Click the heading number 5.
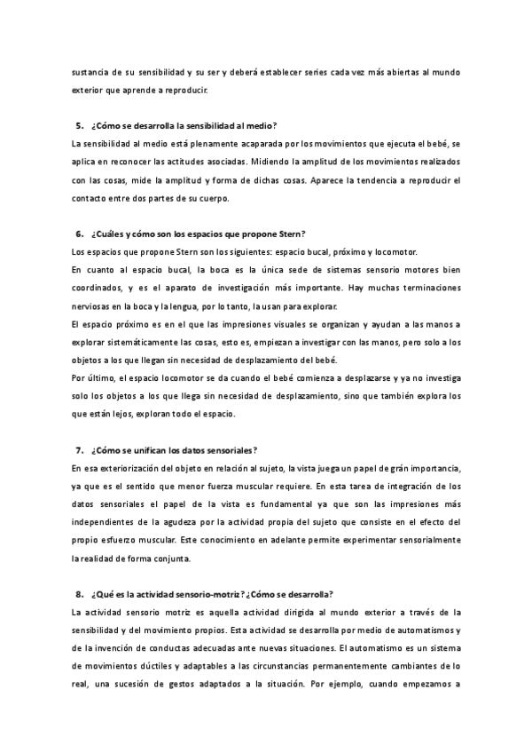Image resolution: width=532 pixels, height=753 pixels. [x=78, y=126]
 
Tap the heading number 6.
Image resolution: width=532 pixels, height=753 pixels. [x=78, y=234]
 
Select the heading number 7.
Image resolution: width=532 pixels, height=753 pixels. [x=78, y=450]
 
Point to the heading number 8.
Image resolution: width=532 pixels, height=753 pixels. [x=78, y=594]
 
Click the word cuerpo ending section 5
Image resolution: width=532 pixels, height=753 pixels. [x=212, y=198]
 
